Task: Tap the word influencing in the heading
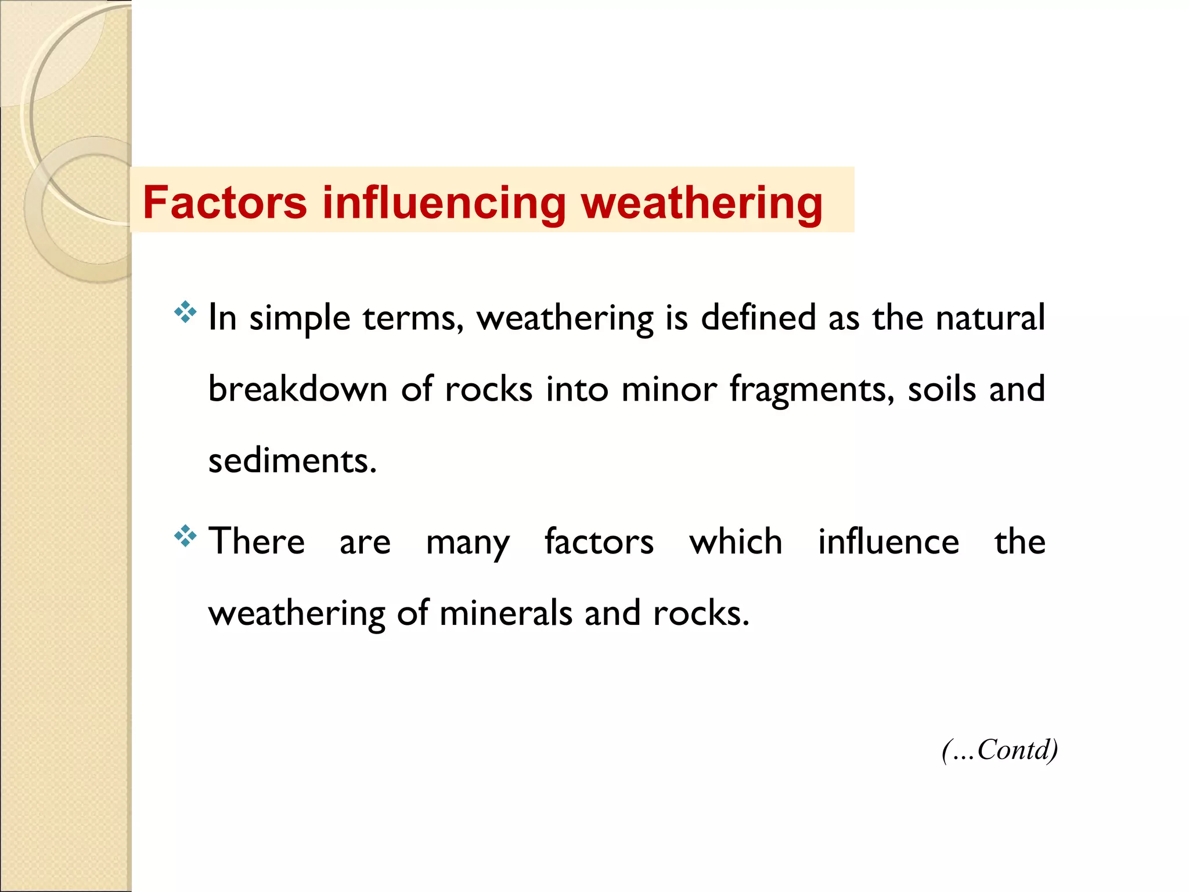click(x=444, y=203)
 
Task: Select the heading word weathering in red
click(x=702, y=203)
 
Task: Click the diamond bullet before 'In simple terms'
click(x=185, y=312)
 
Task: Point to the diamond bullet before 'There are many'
click(x=185, y=535)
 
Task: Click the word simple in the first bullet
click(x=300, y=318)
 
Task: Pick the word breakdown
click(x=298, y=389)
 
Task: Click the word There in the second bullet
click(x=257, y=541)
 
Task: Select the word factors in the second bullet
click(x=599, y=541)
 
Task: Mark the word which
click(x=736, y=541)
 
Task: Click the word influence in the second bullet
click(x=888, y=541)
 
